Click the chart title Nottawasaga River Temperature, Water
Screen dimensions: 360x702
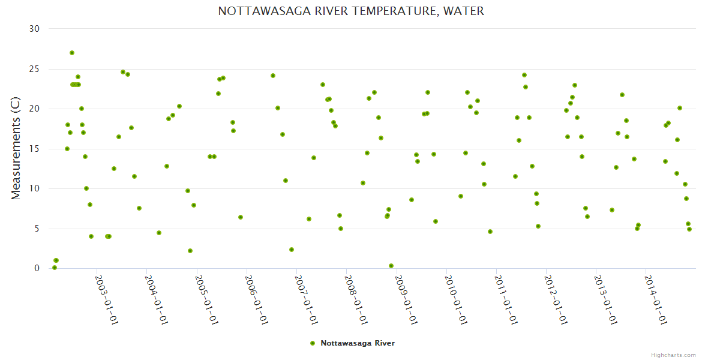coord(351,11)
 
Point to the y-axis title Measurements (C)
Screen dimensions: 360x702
coord(16,148)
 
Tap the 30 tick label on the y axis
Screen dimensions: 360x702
coord(35,29)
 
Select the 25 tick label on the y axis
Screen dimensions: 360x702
coord(35,69)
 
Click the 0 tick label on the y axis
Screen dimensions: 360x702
coord(37,268)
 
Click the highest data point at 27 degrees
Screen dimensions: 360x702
coord(72,53)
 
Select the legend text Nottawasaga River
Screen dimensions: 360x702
coord(358,343)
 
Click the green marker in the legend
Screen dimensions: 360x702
coord(312,343)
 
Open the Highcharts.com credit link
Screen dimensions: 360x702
coord(673,355)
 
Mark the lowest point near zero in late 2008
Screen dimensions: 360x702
coord(391,266)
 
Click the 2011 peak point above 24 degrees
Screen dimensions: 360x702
coord(524,75)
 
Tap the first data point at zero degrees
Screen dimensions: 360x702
coord(55,268)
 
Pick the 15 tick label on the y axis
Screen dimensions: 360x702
coord(35,149)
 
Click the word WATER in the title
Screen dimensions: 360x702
coord(463,11)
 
